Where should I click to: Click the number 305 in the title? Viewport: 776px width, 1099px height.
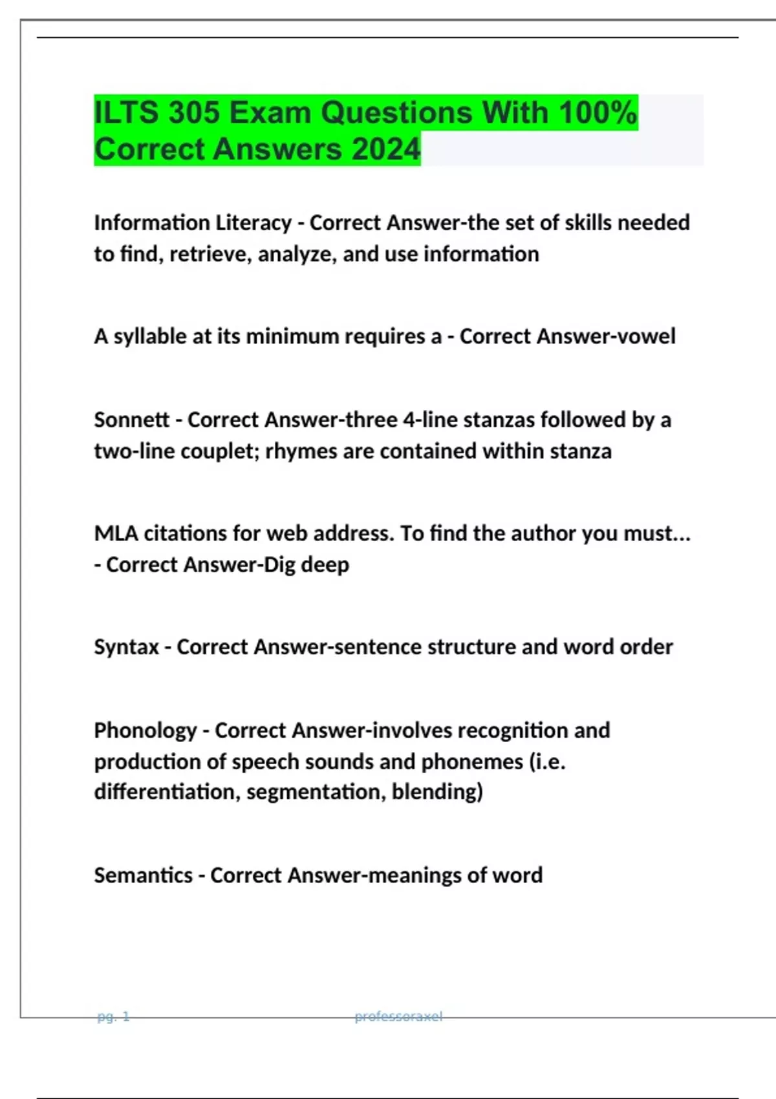coord(193,113)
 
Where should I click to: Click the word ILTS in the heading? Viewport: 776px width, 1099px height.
coord(126,113)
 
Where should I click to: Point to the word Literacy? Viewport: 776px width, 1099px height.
coord(253,223)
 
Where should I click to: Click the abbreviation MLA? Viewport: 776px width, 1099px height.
coord(116,534)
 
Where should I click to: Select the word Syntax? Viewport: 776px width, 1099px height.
coord(126,647)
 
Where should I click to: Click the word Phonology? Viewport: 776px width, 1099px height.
coord(145,731)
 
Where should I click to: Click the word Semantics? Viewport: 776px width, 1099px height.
coord(143,875)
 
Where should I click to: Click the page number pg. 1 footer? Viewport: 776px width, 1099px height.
coord(113,1017)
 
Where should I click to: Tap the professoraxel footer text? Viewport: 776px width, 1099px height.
coord(398,1017)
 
